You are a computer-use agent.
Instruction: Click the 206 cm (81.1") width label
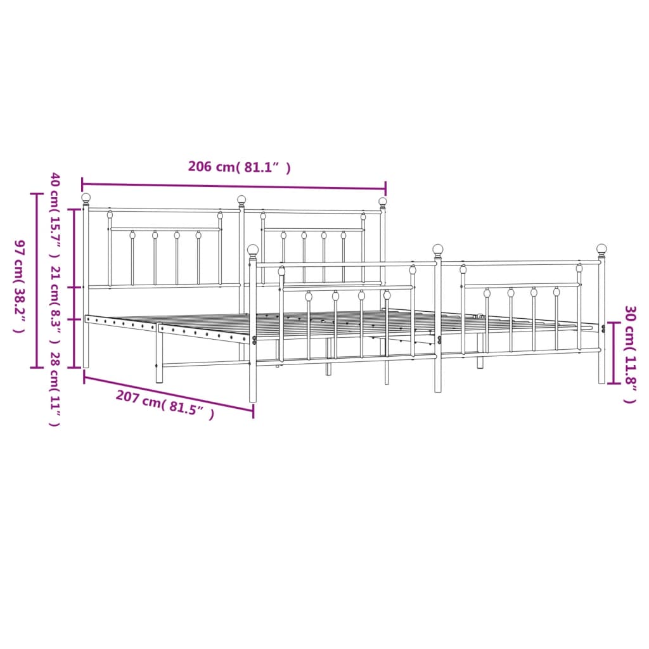click(240, 167)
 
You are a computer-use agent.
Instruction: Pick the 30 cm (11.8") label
click(630, 354)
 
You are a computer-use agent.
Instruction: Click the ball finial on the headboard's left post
click(86, 198)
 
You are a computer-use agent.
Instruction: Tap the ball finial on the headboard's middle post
click(241, 200)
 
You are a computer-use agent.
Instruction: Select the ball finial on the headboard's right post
click(383, 202)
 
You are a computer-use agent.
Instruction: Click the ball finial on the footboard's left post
click(253, 250)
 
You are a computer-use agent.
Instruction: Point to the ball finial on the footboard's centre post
click(438, 248)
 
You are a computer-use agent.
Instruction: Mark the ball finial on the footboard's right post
click(601, 248)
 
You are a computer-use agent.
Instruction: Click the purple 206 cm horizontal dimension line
click(233, 186)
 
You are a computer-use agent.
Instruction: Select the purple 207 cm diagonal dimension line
click(169, 394)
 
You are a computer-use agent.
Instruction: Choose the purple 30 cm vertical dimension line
click(613, 353)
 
